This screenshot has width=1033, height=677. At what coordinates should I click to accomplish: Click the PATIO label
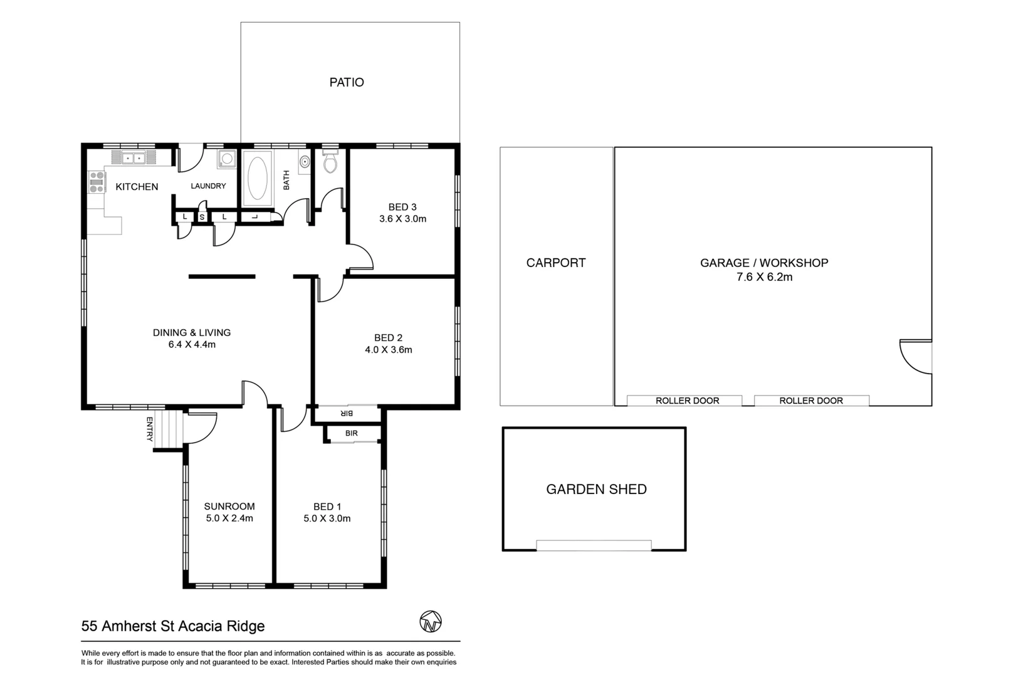(x=347, y=82)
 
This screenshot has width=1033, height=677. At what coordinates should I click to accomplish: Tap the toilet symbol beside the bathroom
(x=330, y=163)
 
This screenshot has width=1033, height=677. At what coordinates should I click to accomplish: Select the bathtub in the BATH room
(x=257, y=178)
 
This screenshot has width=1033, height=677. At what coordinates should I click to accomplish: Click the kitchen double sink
(x=134, y=158)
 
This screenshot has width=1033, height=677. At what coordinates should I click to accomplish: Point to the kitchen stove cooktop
(x=97, y=182)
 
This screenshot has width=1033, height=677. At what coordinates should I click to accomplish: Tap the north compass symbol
(x=431, y=621)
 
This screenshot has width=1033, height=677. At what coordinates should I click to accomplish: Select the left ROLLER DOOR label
(x=687, y=401)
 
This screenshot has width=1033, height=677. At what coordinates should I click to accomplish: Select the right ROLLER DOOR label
(x=810, y=401)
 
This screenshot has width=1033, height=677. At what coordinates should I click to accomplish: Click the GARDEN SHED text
(x=596, y=489)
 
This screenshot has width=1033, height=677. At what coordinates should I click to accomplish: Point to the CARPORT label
(x=556, y=263)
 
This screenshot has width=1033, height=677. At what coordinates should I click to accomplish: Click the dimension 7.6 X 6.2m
(x=764, y=277)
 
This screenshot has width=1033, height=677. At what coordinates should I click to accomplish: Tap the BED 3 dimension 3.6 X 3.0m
(x=402, y=219)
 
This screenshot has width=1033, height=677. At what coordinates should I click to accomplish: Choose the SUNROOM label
(x=229, y=506)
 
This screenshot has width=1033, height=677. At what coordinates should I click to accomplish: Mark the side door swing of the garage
(x=916, y=356)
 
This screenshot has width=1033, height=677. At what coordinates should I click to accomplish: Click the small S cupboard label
(x=202, y=218)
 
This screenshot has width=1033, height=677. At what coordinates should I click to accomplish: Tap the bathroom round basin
(x=305, y=162)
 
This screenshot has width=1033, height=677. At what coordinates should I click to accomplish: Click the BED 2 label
(x=388, y=338)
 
